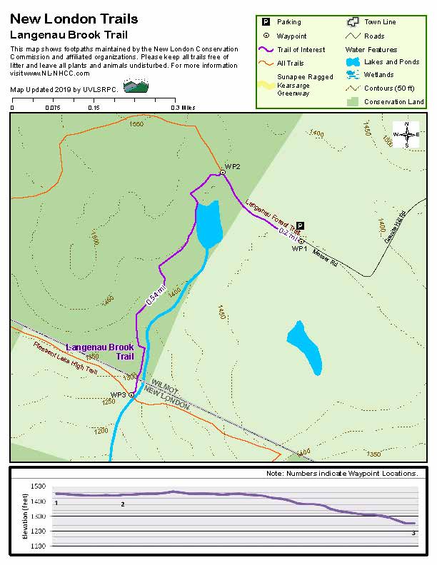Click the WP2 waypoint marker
[223, 172]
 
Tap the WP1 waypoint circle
[301, 241]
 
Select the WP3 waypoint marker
[131, 395]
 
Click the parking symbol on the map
[301, 225]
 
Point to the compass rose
[406, 134]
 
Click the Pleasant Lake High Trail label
[64, 357]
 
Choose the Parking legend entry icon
[265, 22]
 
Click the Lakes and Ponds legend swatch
[351, 62]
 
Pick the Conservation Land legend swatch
[351, 102]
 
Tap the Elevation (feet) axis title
[24, 515]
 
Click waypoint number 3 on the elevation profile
[413, 533]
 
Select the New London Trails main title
[74, 19]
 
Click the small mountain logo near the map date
[136, 86]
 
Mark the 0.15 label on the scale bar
[94, 108]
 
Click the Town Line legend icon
[351, 22]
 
